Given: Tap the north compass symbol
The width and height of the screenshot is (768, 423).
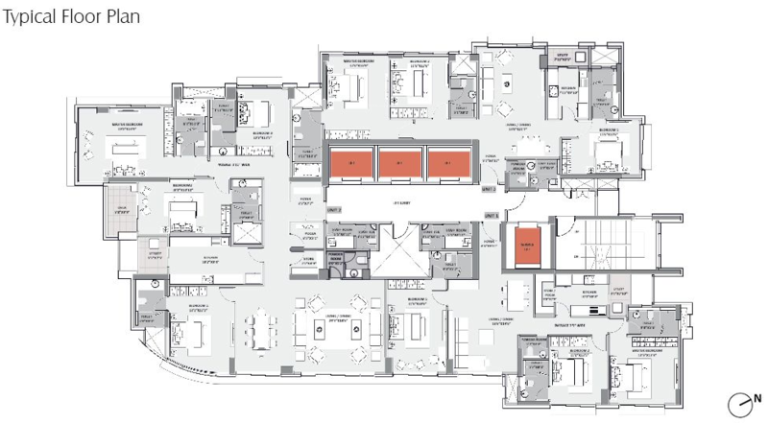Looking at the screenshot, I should pyautogui.click(x=740, y=402).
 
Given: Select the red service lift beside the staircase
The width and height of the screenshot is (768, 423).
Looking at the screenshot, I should pyautogui.click(x=526, y=245).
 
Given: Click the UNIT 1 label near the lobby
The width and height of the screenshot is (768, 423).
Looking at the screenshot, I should pyautogui.click(x=334, y=208).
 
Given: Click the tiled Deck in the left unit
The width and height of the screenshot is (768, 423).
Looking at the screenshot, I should pyautogui.click(x=122, y=208).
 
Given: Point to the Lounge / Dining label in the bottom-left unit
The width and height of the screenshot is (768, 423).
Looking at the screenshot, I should pyautogui.click(x=336, y=321).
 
